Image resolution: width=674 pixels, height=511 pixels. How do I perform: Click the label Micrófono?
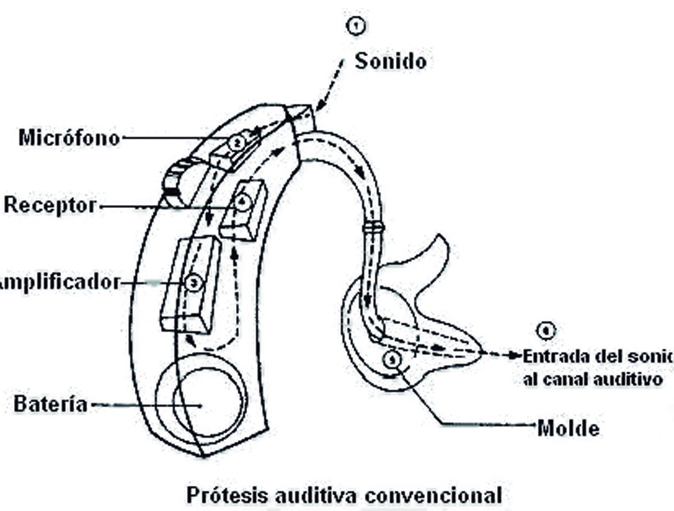tap(69, 138)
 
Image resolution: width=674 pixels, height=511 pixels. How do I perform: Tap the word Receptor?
tap(51, 205)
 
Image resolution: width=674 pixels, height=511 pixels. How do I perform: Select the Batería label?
tap(51, 404)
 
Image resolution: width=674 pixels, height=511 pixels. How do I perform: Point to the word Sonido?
tap(390, 61)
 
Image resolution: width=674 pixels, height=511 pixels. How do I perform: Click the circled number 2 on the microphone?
tap(237, 143)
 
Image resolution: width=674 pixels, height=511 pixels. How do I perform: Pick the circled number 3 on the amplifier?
tap(193, 283)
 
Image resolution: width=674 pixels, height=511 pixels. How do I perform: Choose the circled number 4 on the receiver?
tap(242, 203)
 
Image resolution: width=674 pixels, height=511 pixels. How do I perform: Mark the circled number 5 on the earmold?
tap(391, 358)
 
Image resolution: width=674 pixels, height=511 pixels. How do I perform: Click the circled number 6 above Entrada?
tap(544, 331)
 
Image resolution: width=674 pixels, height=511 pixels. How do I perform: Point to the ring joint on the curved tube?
tap(373, 227)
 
